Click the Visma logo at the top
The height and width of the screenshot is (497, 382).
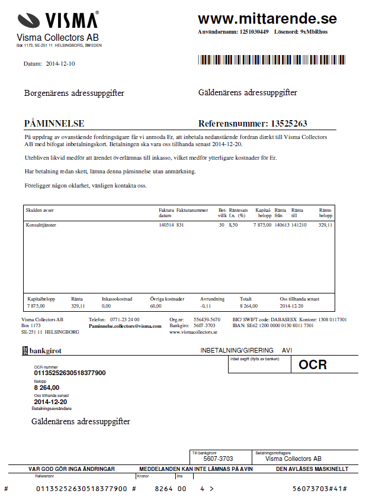[57, 20]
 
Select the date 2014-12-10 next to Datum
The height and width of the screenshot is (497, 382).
[60, 63]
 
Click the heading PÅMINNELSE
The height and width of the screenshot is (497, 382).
[54, 124]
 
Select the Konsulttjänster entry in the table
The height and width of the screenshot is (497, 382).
[44, 225]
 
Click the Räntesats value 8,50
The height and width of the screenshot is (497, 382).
[233, 225]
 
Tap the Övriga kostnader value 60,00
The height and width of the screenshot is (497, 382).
[156, 306]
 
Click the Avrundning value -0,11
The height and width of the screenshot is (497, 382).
[206, 306]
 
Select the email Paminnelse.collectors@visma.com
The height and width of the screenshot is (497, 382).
[125, 326]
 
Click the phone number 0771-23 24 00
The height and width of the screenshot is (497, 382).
[124, 319]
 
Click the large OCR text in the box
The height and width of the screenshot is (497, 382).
[313, 364]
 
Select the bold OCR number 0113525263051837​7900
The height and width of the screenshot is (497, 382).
[70, 373]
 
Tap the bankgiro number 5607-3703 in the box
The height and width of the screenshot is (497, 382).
[218, 459]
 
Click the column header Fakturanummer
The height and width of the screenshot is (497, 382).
[192, 210]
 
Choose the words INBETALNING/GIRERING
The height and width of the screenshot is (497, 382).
[237, 350]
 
